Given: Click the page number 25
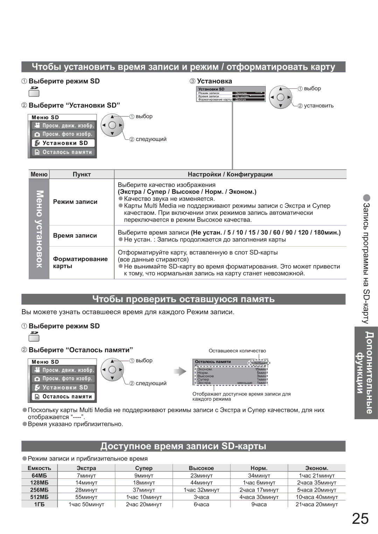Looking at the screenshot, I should [360, 519].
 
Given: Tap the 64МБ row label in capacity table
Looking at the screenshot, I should [39, 475].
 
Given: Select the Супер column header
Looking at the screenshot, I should [143, 468].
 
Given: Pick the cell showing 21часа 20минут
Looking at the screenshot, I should [316, 504].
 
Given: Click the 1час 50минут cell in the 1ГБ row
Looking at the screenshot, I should [86, 504].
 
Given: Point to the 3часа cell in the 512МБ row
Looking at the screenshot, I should [201, 497].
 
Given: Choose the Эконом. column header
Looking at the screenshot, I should [316, 468].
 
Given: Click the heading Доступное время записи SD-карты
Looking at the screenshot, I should [183, 446].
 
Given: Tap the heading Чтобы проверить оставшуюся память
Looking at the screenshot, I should [183, 299].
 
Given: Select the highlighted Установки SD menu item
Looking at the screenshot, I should [63, 143].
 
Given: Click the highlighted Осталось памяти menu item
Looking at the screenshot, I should [63, 397].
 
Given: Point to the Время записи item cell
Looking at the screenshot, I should [75, 236].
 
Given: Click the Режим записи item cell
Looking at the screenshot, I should [75, 202].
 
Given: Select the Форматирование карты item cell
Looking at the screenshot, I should [80, 262].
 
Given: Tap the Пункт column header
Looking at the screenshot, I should [82, 174].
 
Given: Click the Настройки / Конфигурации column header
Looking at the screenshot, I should [230, 174].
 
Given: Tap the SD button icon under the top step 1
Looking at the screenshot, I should [34, 92].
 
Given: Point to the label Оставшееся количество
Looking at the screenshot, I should [237, 351].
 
